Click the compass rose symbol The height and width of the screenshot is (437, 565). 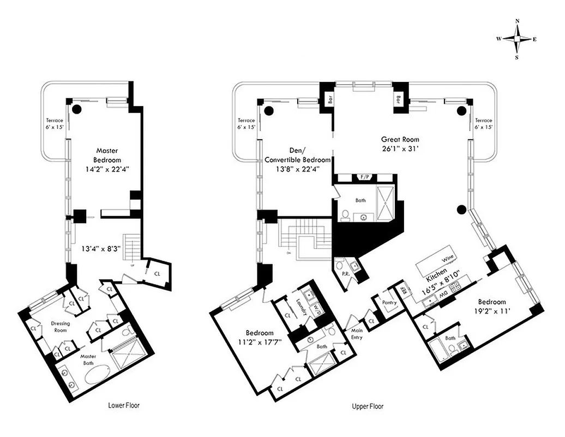point(517,39)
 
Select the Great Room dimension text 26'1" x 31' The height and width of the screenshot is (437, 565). point(401,148)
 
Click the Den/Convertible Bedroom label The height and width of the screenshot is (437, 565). point(297,156)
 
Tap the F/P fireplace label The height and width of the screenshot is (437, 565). point(364,177)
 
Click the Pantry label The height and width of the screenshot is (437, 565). point(389,302)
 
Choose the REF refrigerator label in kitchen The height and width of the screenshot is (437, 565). point(404,291)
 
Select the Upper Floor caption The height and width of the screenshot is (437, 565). point(369,406)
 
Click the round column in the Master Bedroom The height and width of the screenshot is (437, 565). point(77,109)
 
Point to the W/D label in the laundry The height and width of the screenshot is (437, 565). point(315,310)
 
